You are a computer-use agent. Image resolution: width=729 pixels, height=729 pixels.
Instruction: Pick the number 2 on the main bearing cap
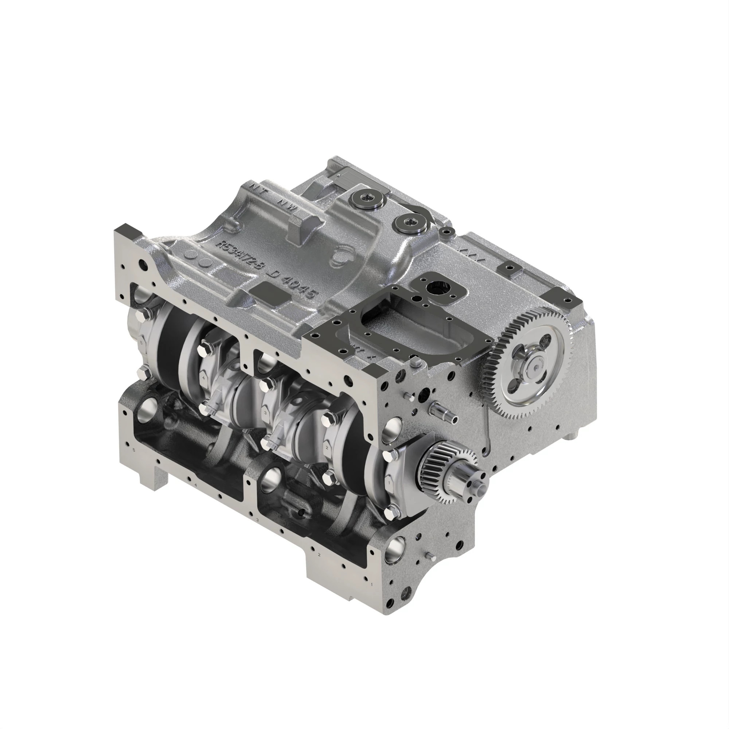327,448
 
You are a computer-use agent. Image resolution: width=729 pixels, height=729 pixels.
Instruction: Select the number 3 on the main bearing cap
266,413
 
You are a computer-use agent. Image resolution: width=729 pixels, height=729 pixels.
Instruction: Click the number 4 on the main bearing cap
204,378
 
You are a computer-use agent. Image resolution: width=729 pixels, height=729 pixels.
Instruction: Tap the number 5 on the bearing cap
141,343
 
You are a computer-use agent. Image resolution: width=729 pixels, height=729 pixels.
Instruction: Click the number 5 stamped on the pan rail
134,450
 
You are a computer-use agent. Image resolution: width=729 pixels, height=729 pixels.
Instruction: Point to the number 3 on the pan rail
257,520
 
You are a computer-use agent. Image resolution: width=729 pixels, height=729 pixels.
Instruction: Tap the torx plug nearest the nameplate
369,197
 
